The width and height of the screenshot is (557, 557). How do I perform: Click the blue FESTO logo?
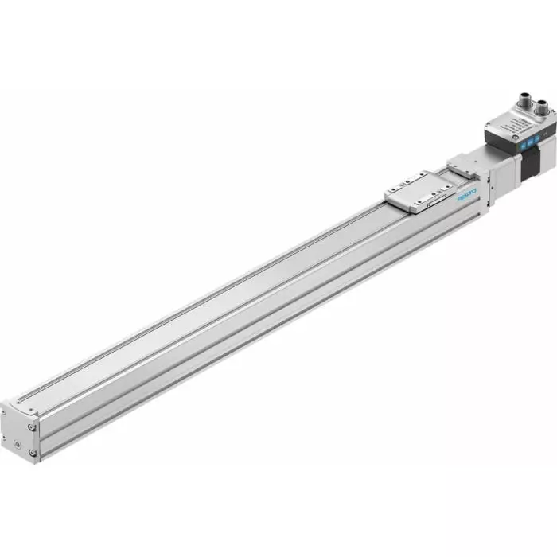(x=467, y=194)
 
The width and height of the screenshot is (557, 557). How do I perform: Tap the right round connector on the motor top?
(x=541, y=106)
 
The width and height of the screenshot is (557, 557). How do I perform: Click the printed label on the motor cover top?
(x=517, y=125)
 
